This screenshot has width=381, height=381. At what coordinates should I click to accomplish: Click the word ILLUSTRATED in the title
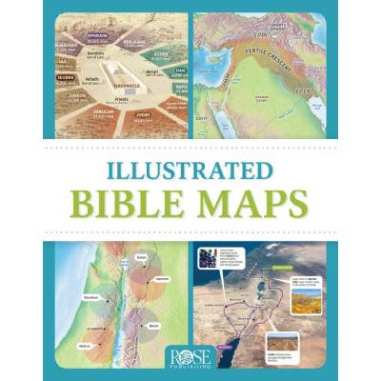point(190,176)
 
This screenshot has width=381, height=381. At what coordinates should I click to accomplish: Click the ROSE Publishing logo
point(190,351)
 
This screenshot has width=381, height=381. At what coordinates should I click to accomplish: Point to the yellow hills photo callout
point(307,286)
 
